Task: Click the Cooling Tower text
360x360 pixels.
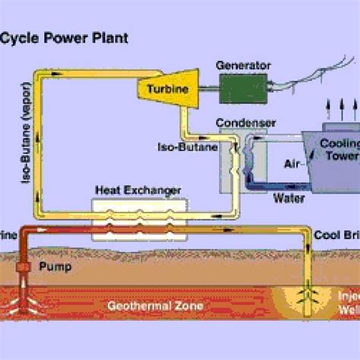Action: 340,151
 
